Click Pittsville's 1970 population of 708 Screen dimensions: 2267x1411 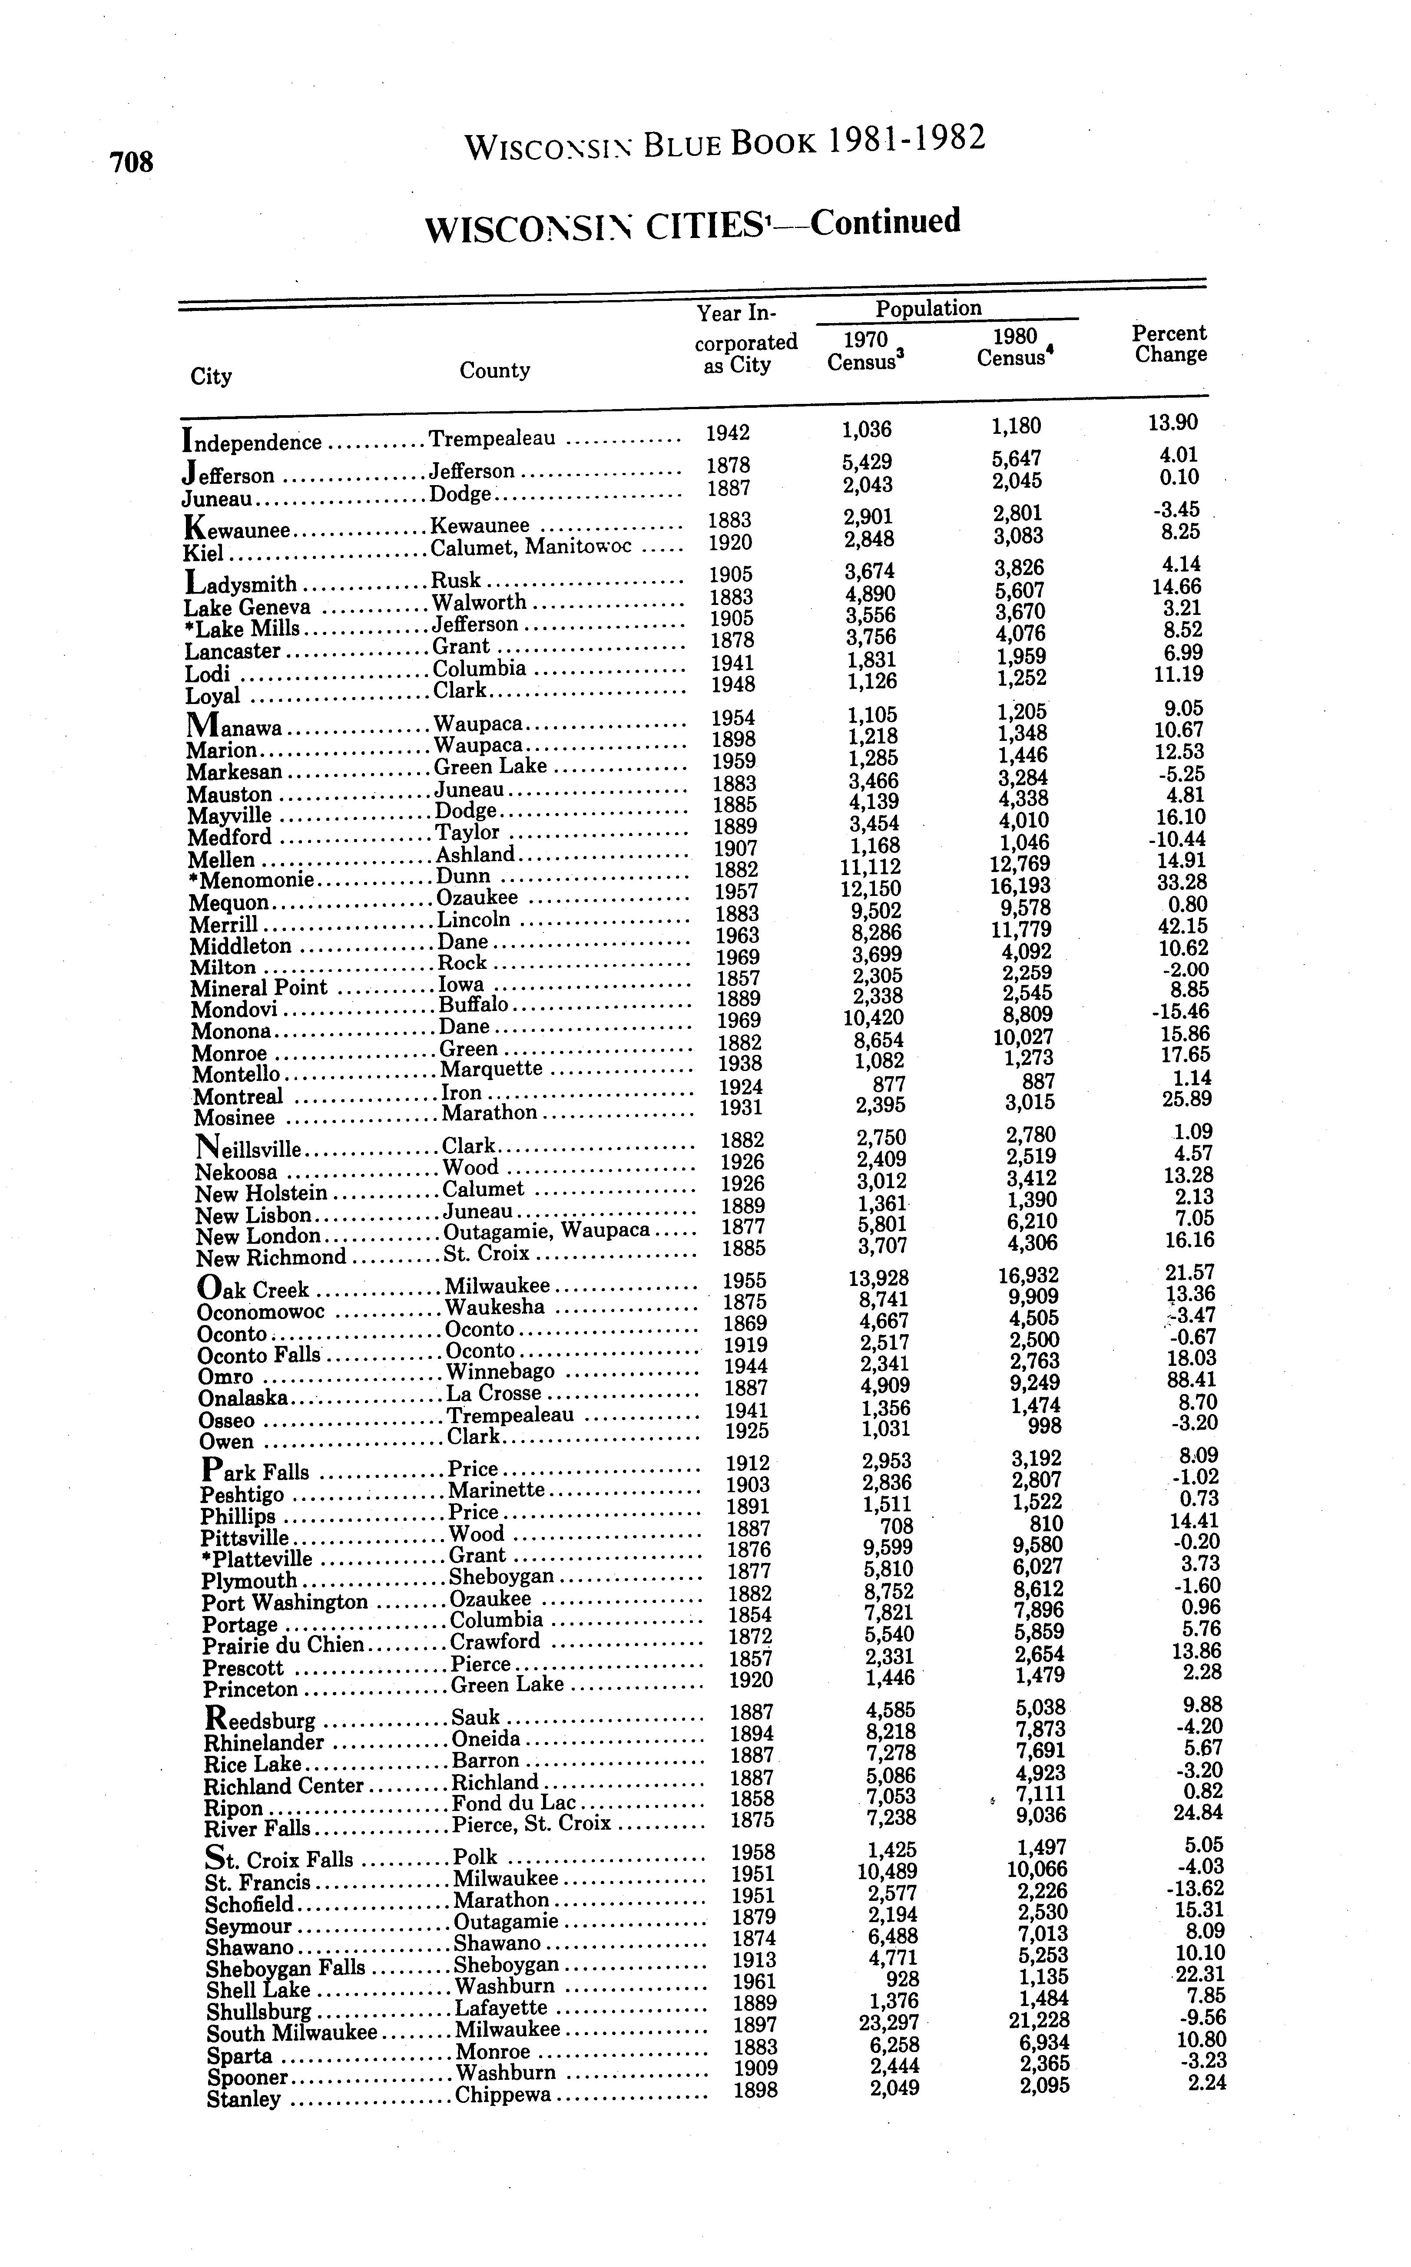(x=897, y=1527)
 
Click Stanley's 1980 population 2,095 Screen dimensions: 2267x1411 (x=1044, y=2086)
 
